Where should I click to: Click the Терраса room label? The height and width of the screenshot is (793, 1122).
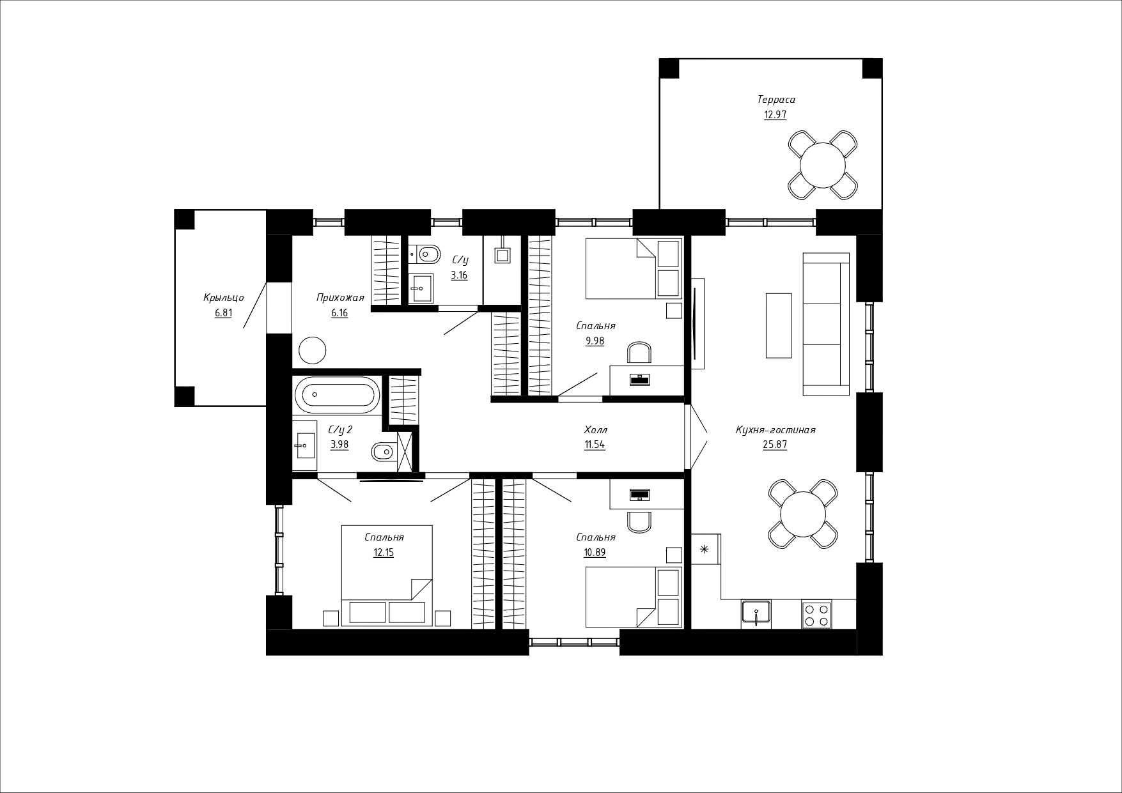[x=775, y=100]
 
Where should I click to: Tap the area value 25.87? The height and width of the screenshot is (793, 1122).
[x=775, y=445]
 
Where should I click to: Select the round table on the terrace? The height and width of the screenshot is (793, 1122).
[x=823, y=164]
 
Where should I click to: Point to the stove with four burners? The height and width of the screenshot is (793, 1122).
[x=816, y=614]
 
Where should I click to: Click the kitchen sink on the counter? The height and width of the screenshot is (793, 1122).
[x=756, y=614]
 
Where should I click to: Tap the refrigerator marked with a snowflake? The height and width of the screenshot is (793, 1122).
[x=706, y=548]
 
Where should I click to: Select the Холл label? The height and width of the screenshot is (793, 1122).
[x=595, y=430]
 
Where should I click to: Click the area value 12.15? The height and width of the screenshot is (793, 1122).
[x=384, y=553]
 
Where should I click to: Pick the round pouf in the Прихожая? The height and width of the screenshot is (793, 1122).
[x=313, y=350]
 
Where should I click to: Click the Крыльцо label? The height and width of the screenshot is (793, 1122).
[x=223, y=298]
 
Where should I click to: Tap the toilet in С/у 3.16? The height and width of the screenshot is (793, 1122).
[x=426, y=255]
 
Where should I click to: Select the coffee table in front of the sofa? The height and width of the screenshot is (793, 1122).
[x=779, y=325]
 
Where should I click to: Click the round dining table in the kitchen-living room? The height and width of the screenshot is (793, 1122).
[x=803, y=514]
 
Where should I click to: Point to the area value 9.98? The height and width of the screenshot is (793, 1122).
[x=595, y=341]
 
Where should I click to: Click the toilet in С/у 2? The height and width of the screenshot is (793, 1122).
[x=384, y=452]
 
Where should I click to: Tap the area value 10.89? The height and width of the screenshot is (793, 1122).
[x=595, y=553]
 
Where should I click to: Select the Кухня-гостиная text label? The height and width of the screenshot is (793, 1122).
[x=775, y=430]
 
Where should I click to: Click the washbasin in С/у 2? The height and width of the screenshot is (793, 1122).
[x=304, y=440]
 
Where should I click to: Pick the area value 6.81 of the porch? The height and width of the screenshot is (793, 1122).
[x=223, y=313]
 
